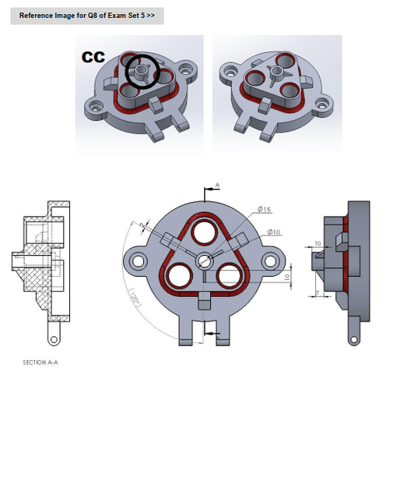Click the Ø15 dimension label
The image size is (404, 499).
coord(265,210)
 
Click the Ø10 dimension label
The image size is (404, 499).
coord(273,232)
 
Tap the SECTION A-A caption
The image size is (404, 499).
coord(40,362)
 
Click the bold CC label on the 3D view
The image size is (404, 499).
coord(94,57)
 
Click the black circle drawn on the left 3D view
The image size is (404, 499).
coord(142,71)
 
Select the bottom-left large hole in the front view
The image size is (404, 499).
coord(177,276)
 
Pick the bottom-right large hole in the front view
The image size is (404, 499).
coord(231,276)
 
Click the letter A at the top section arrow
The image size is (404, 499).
coord(217,185)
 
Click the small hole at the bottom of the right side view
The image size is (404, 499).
coord(354,340)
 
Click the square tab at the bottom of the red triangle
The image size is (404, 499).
coord(204,298)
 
